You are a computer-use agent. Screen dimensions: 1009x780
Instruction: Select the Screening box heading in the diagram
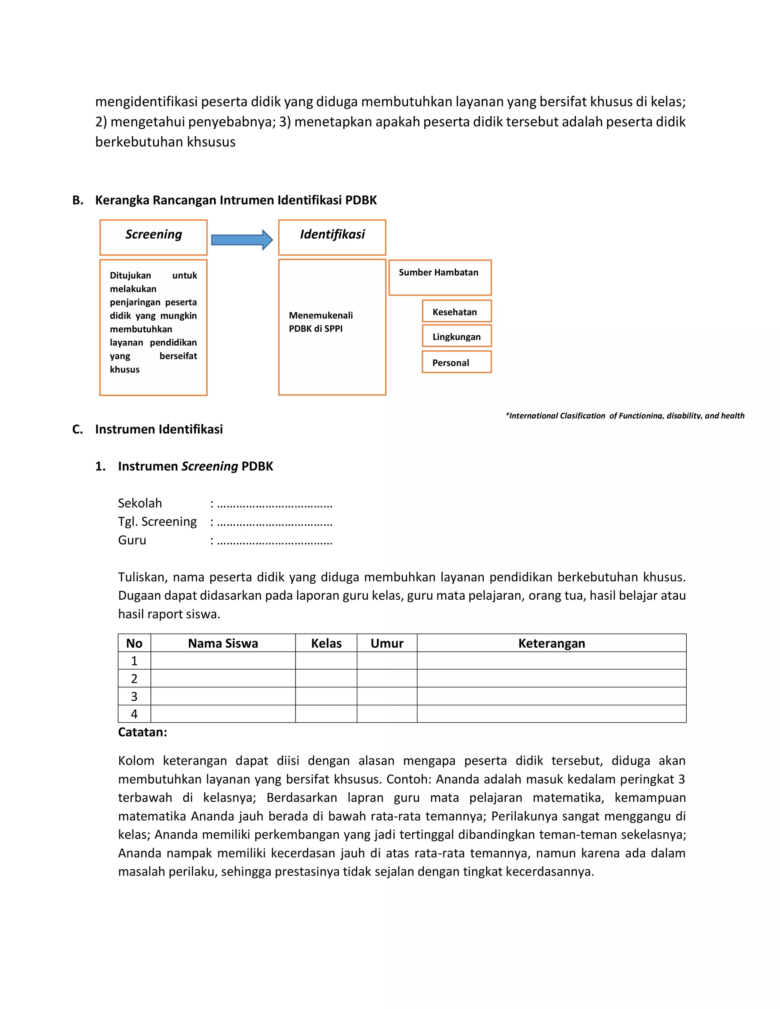[153, 235]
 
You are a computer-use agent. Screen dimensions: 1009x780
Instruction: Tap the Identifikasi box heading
[332, 235]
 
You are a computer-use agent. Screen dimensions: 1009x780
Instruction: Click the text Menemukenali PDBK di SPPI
[320, 322]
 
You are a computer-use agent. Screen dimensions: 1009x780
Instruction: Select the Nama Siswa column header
[223, 643]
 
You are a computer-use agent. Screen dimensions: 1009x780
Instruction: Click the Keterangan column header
[551, 643]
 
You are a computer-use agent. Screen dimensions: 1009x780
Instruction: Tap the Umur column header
[387, 643]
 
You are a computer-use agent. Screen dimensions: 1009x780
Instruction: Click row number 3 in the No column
[134, 696]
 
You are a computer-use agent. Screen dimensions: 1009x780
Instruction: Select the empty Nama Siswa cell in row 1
[223, 661]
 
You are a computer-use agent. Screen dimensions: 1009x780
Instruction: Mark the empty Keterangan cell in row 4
[551, 714]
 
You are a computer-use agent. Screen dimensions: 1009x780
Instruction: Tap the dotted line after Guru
[275, 541]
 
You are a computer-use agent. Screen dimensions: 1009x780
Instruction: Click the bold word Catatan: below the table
[142, 732]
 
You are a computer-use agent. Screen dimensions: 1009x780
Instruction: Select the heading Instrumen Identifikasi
[158, 429]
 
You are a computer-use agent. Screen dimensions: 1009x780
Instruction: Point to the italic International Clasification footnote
[625, 416]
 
